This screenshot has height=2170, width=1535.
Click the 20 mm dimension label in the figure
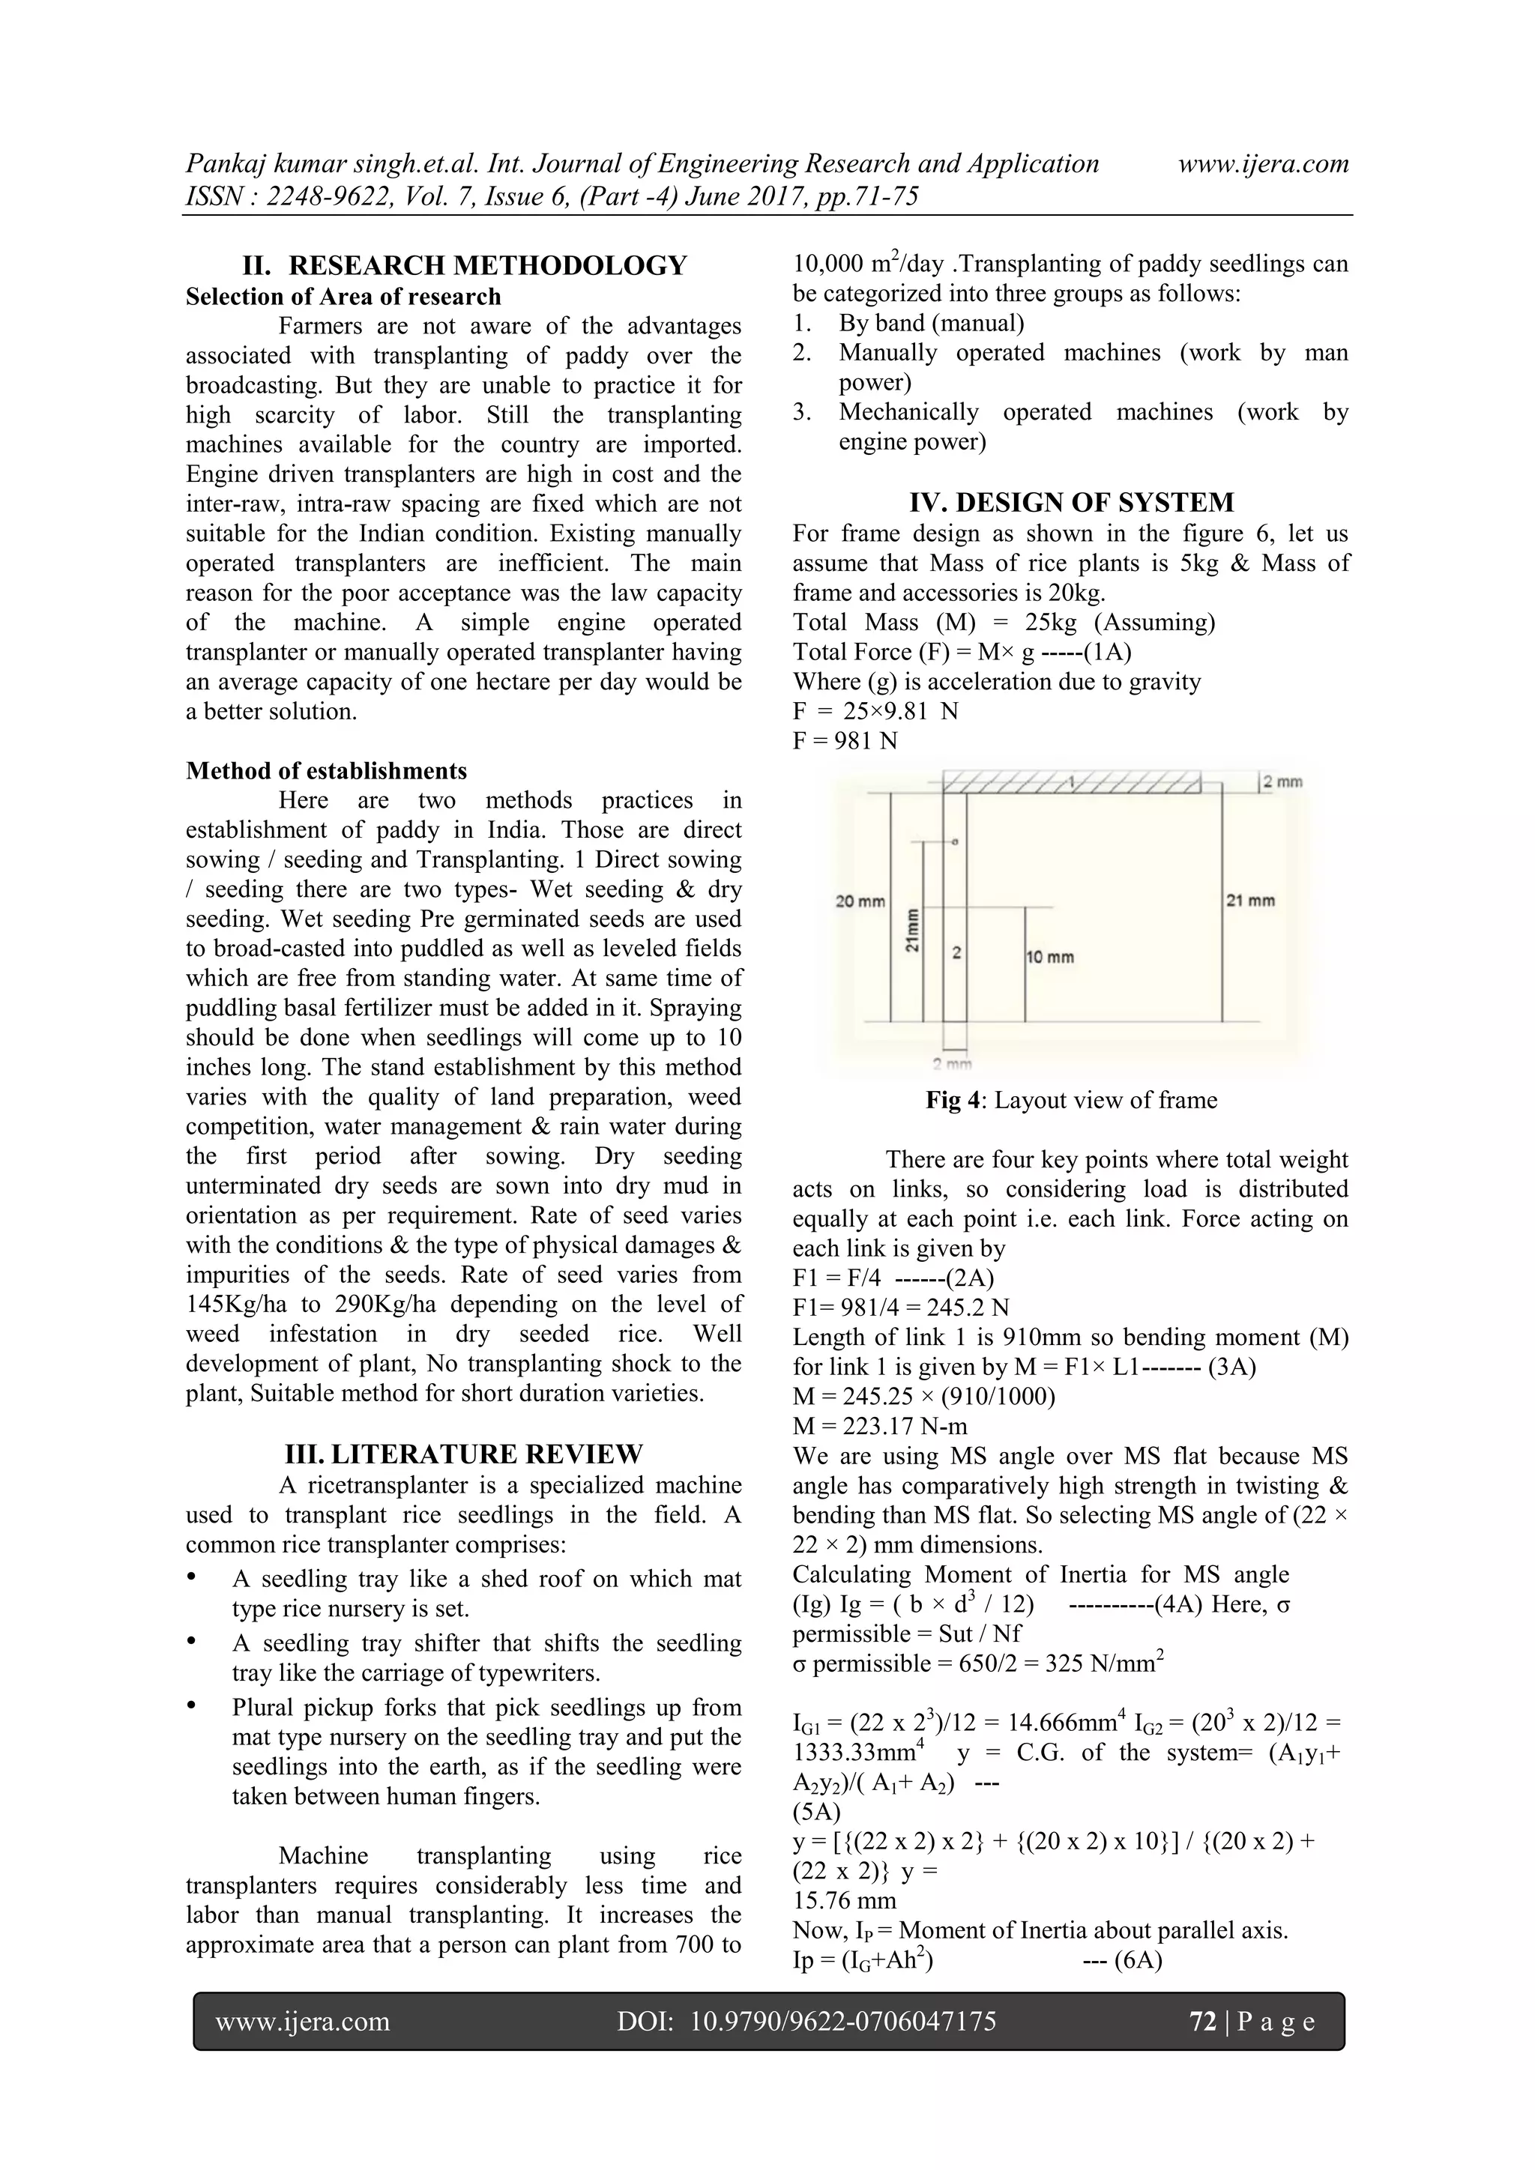point(859,901)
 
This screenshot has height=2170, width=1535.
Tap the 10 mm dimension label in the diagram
point(1050,958)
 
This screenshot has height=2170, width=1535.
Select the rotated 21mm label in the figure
point(913,931)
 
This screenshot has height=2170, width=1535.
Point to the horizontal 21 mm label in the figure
point(1250,900)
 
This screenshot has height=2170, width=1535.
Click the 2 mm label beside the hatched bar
point(1282,782)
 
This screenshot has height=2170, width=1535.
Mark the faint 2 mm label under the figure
point(952,1064)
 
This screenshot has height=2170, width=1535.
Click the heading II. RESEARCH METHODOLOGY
point(464,265)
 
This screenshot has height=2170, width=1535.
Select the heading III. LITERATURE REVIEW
point(464,1454)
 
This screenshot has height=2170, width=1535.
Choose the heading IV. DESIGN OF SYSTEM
point(1071,502)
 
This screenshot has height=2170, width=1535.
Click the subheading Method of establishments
point(326,770)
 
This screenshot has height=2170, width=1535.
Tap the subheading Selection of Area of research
point(343,297)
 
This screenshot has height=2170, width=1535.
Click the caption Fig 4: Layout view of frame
point(1071,1100)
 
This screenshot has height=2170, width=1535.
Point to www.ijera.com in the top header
point(1263,163)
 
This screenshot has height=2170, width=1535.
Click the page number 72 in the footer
point(1201,2021)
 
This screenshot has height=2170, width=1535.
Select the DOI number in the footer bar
point(843,2021)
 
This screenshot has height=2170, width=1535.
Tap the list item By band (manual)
point(931,323)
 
